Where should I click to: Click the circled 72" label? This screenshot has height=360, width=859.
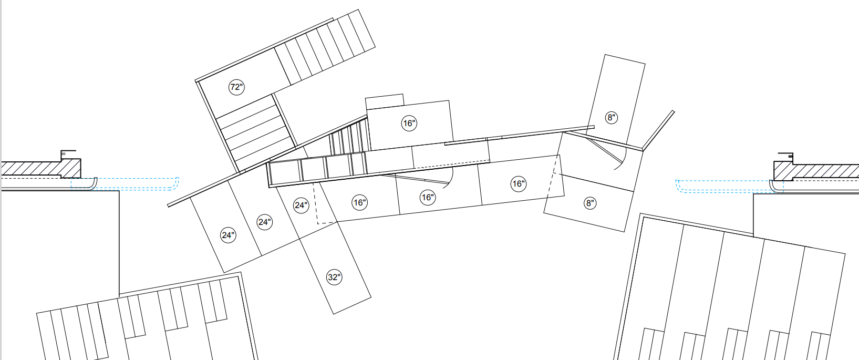click(x=236, y=87)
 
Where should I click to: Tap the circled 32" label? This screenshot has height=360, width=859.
click(x=334, y=277)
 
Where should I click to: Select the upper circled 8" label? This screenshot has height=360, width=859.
click(x=611, y=117)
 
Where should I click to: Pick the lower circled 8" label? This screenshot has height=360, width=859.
click(x=590, y=203)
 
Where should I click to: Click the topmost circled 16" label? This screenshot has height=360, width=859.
click(x=409, y=124)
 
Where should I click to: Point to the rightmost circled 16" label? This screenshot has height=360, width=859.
click(x=518, y=183)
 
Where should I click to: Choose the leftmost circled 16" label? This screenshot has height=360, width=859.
click(x=359, y=202)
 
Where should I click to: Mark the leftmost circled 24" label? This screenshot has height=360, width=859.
click(x=227, y=235)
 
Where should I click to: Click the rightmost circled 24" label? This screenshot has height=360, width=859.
click(x=301, y=205)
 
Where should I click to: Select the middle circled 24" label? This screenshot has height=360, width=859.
click(x=264, y=222)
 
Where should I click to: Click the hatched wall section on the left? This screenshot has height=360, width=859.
click(x=37, y=169)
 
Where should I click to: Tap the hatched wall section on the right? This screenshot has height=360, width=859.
click(x=820, y=170)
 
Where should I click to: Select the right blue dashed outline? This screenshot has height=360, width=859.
click(x=725, y=186)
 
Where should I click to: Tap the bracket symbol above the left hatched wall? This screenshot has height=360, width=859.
click(x=67, y=155)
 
